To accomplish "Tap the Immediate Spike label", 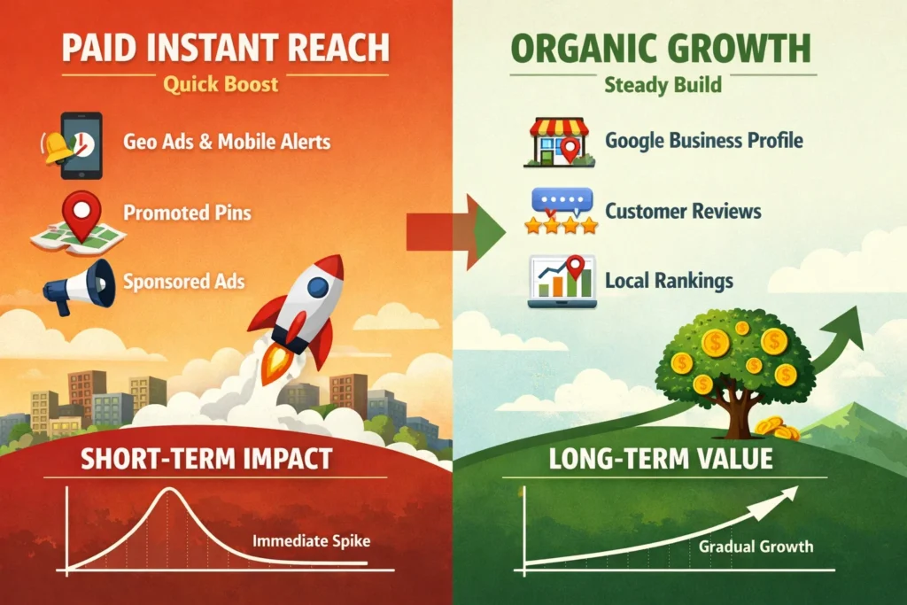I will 310,539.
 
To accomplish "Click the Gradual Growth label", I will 756,546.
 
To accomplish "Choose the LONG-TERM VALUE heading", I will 659,459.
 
